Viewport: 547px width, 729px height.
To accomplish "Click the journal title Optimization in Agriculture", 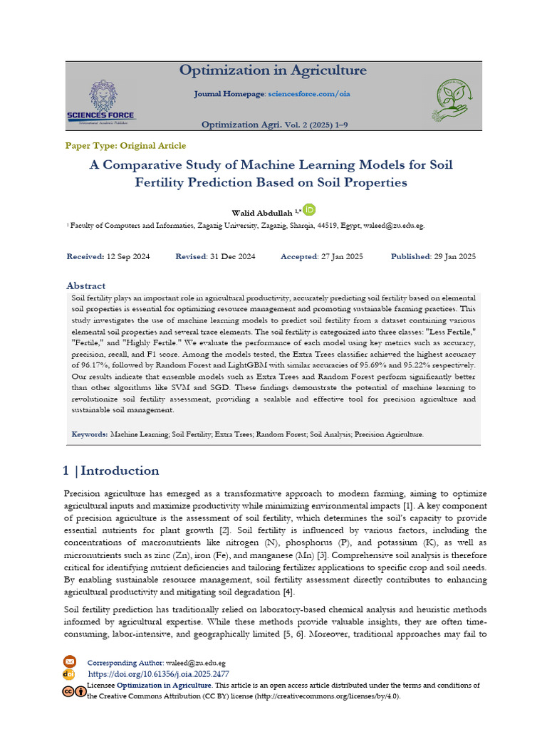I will click(x=273, y=70).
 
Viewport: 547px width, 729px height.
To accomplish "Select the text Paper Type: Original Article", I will click(x=125, y=145).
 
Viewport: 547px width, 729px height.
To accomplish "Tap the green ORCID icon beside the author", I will click(x=309, y=209).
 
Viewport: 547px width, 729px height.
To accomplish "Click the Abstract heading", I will click(x=85, y=285).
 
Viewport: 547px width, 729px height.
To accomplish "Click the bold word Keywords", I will click(x=90, y=434).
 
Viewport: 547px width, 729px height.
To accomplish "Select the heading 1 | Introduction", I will click(x=111, y=471).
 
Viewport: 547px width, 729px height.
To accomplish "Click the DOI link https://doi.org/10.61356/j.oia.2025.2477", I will click(x=158, y=673).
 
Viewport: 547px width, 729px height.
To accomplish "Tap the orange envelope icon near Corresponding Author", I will click(x=69, y=661).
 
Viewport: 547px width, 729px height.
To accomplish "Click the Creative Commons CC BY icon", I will click(x=73, y=691).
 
